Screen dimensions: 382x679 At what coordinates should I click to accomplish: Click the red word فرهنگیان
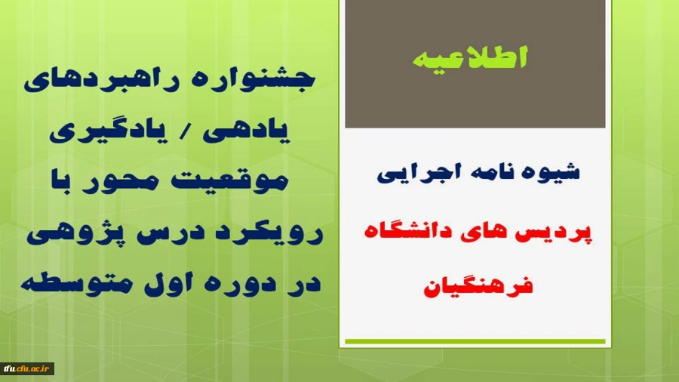tap(475, 286)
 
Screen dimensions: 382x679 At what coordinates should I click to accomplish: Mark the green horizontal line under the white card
tap(475, 342)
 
